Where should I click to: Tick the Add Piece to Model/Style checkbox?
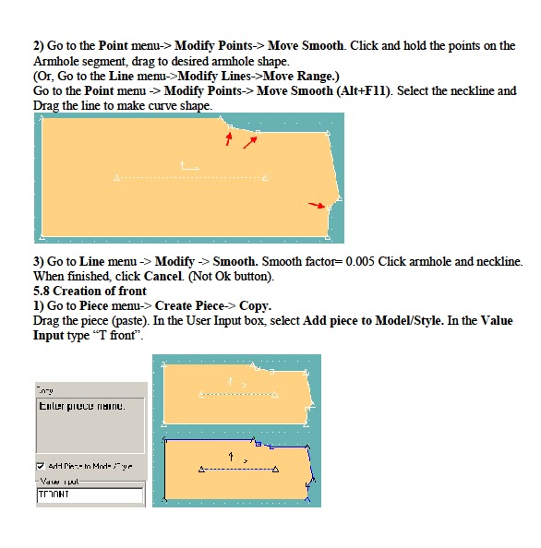41,467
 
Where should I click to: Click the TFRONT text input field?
90,495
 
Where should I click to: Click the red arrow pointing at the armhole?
317,205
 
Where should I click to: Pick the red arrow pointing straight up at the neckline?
229,137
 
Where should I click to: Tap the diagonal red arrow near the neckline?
250,141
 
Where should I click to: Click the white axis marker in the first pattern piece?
189,167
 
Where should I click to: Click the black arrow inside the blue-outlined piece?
231,456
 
